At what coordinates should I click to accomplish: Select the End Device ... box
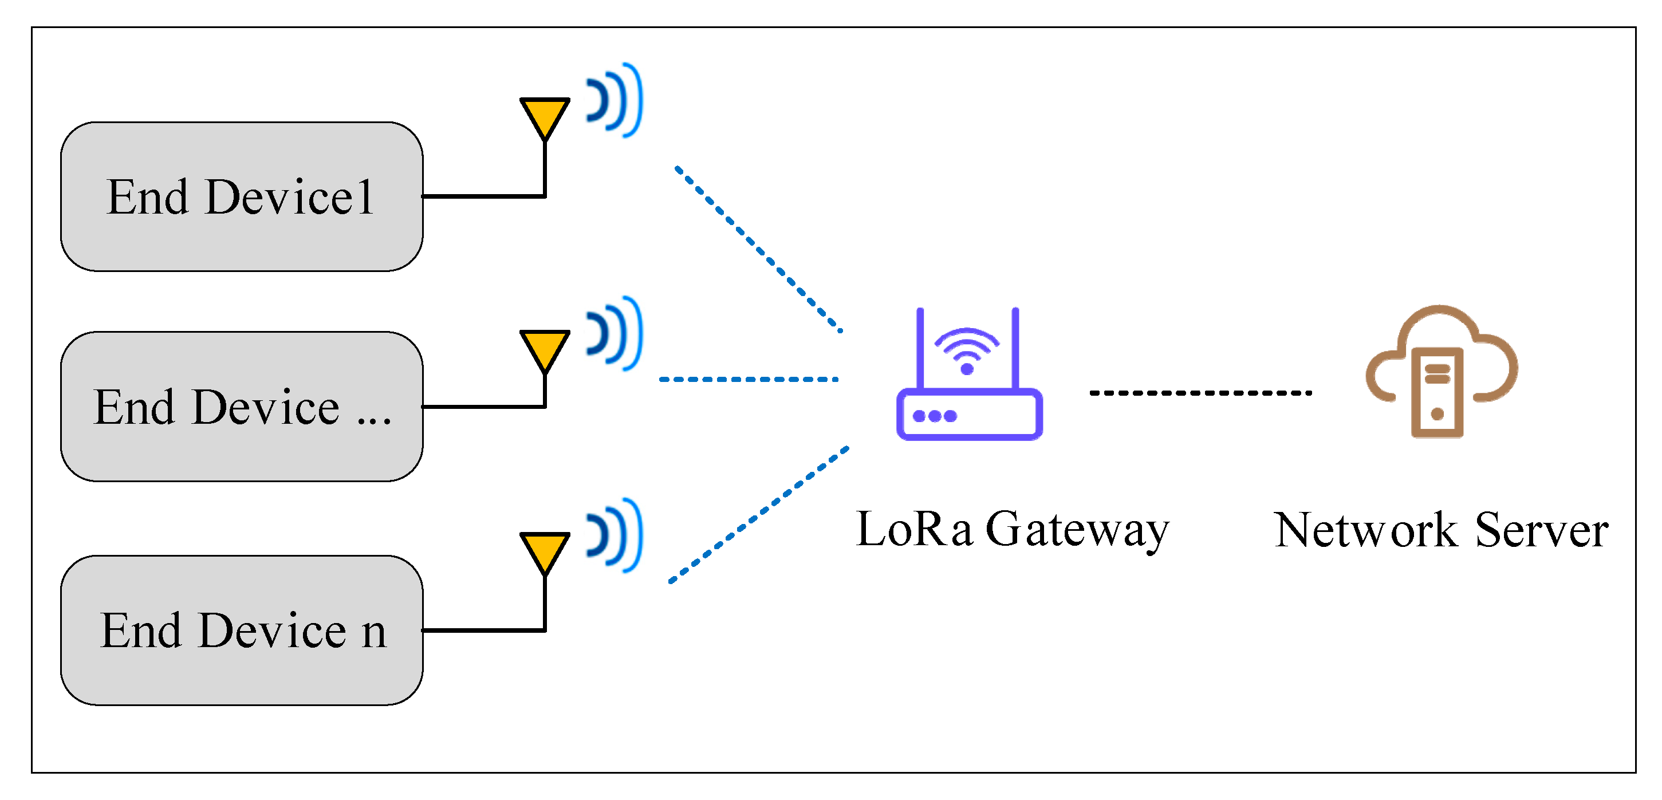pyautogui.click(x=241, y=407)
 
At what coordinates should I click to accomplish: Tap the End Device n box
pyautogui.click(x=241, y=630)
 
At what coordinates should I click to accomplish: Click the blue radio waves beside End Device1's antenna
pyautogui.click(x=614, y=100)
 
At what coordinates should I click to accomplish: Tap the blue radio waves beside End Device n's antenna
pyautogui.click(x=614, y=535)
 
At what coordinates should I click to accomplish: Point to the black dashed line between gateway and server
pyautogui.click(x=1200, y=392)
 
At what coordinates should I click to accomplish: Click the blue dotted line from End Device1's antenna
pyautogui.click(x=758, y=249)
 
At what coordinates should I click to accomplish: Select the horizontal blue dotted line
pyautogui.click(x=749, y=379)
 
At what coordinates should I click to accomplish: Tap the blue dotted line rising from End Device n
pyautogui.click(x=758, y=515)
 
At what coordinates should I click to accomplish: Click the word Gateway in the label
pyautogui.click(x=1077, y=530)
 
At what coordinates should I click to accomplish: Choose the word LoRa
pyautogui.click(x=913, y=529)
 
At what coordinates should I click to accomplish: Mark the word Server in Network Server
pyautogui.click(x=1541, y=530)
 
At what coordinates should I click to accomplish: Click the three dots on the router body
pyautogui.click(x=935, y=416)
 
